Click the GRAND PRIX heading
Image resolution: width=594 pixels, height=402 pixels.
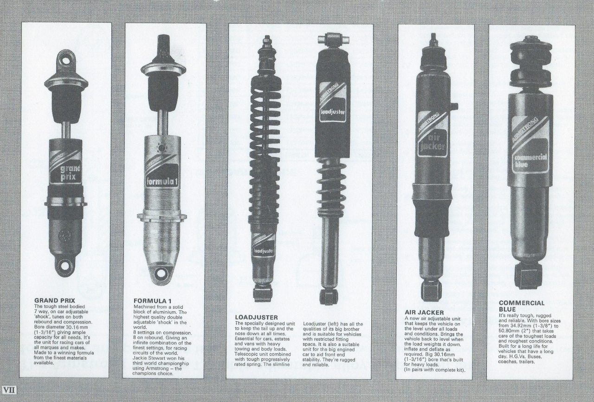click(55, 300)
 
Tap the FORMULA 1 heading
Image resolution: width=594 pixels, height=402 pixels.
click(153, 301)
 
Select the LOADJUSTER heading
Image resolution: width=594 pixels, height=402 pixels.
click(257, 317)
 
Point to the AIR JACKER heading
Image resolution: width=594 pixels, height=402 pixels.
click(424, 313)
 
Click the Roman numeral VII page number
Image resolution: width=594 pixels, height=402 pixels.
click(9, 390)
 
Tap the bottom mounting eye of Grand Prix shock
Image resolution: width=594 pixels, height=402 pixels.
click(65, 265)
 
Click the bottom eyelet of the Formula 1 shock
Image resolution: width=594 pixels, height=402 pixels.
click(160, 273)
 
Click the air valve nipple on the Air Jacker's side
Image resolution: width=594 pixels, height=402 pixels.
click(454, 105)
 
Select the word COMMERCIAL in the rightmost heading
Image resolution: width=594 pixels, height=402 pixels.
click(521, 303)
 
